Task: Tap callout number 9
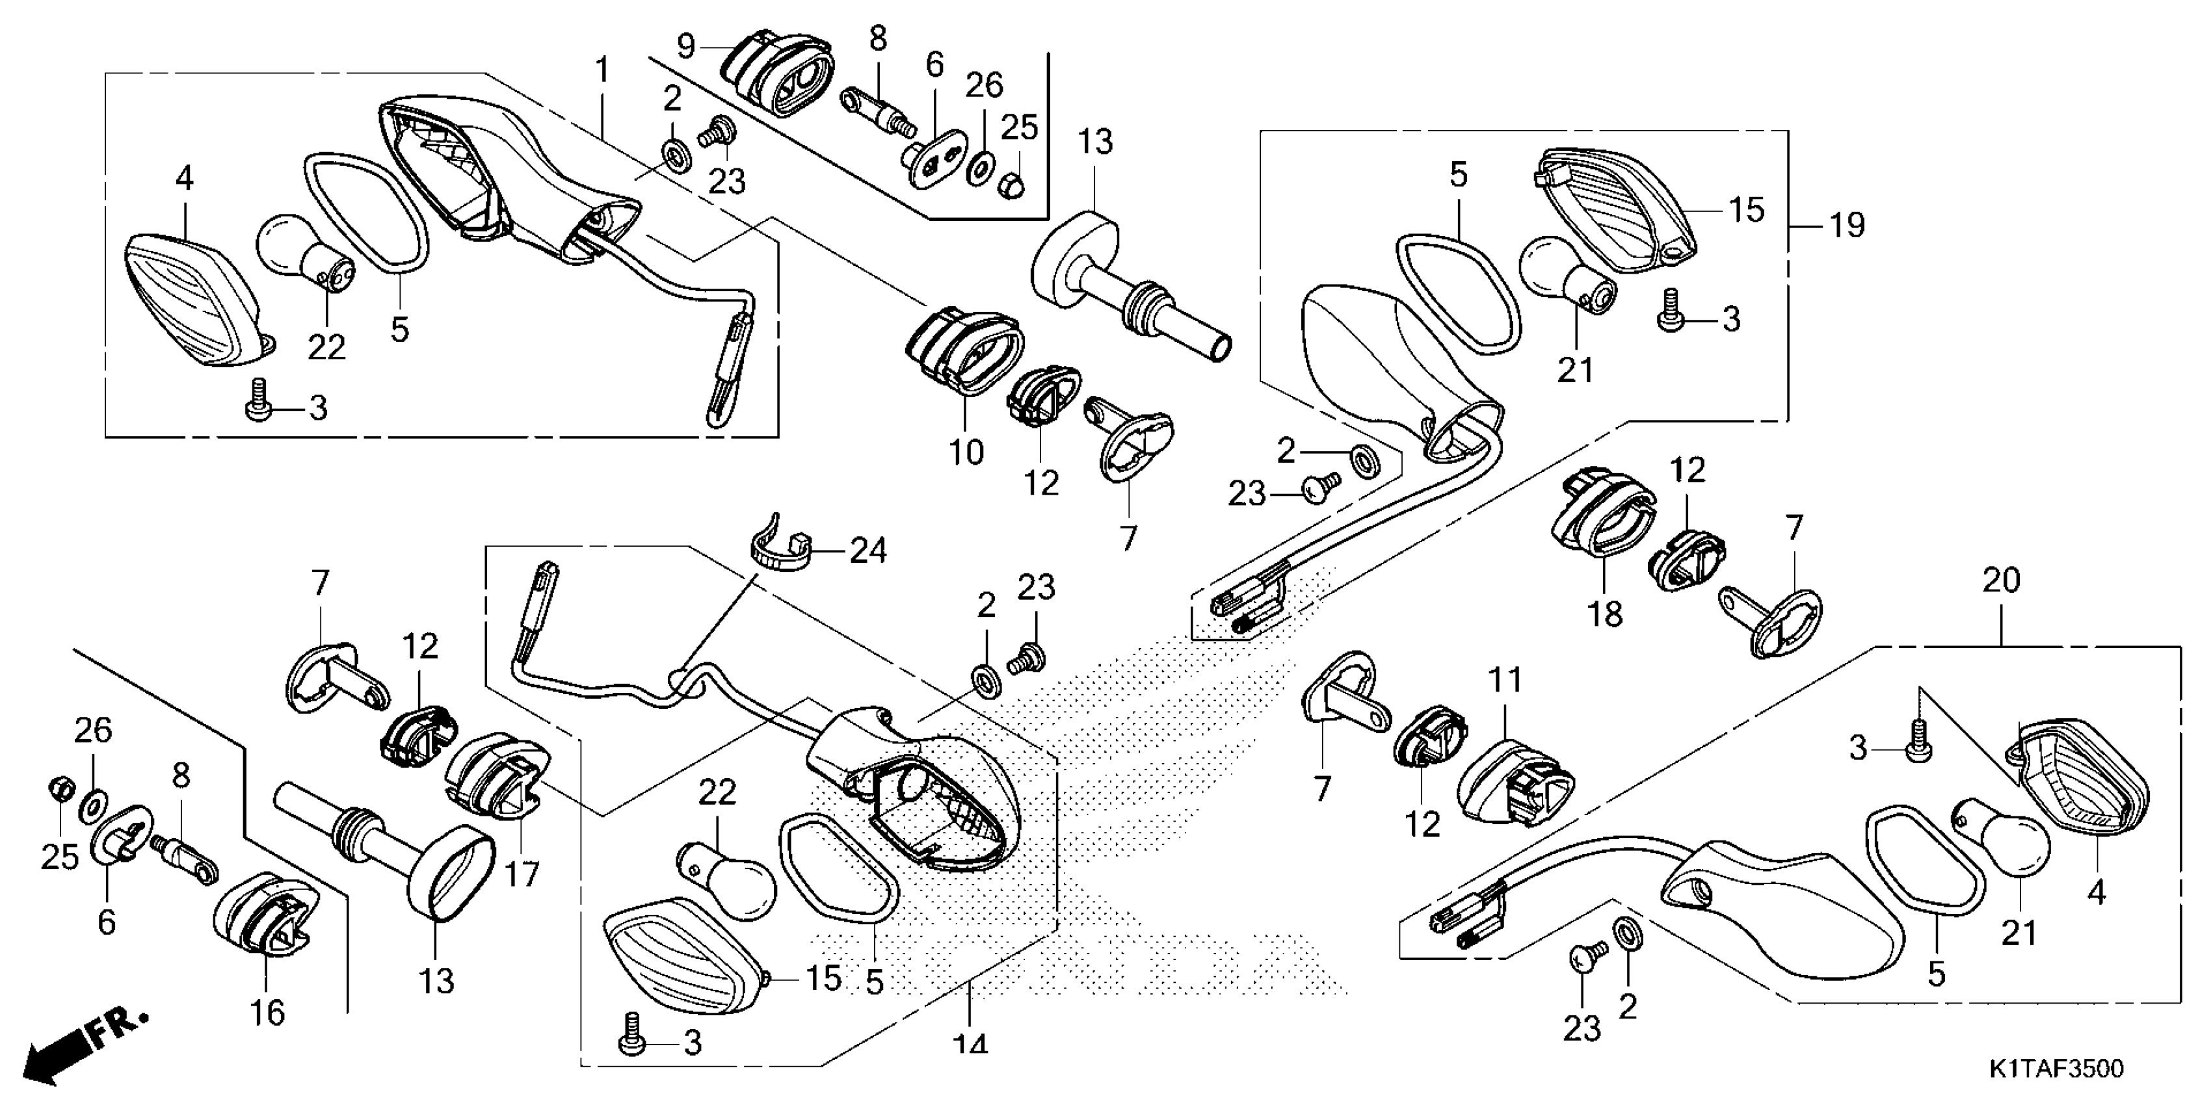686,45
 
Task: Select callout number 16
267,1012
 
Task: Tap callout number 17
521,874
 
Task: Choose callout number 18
1605,614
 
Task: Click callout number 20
2001,582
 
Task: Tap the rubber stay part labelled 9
776,78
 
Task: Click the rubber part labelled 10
963,352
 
